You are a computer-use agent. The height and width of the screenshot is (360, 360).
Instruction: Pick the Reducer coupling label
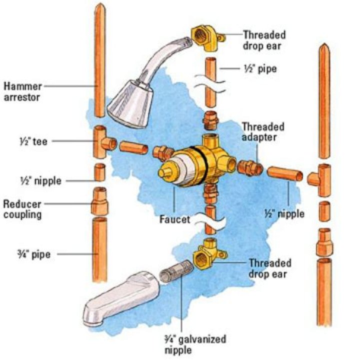coord(21,209)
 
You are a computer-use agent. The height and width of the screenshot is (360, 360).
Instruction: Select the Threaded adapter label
coord(263,131)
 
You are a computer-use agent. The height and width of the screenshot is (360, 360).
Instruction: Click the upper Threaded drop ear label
coord(264,39)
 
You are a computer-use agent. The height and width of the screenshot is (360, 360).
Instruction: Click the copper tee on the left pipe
coord(103,141)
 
